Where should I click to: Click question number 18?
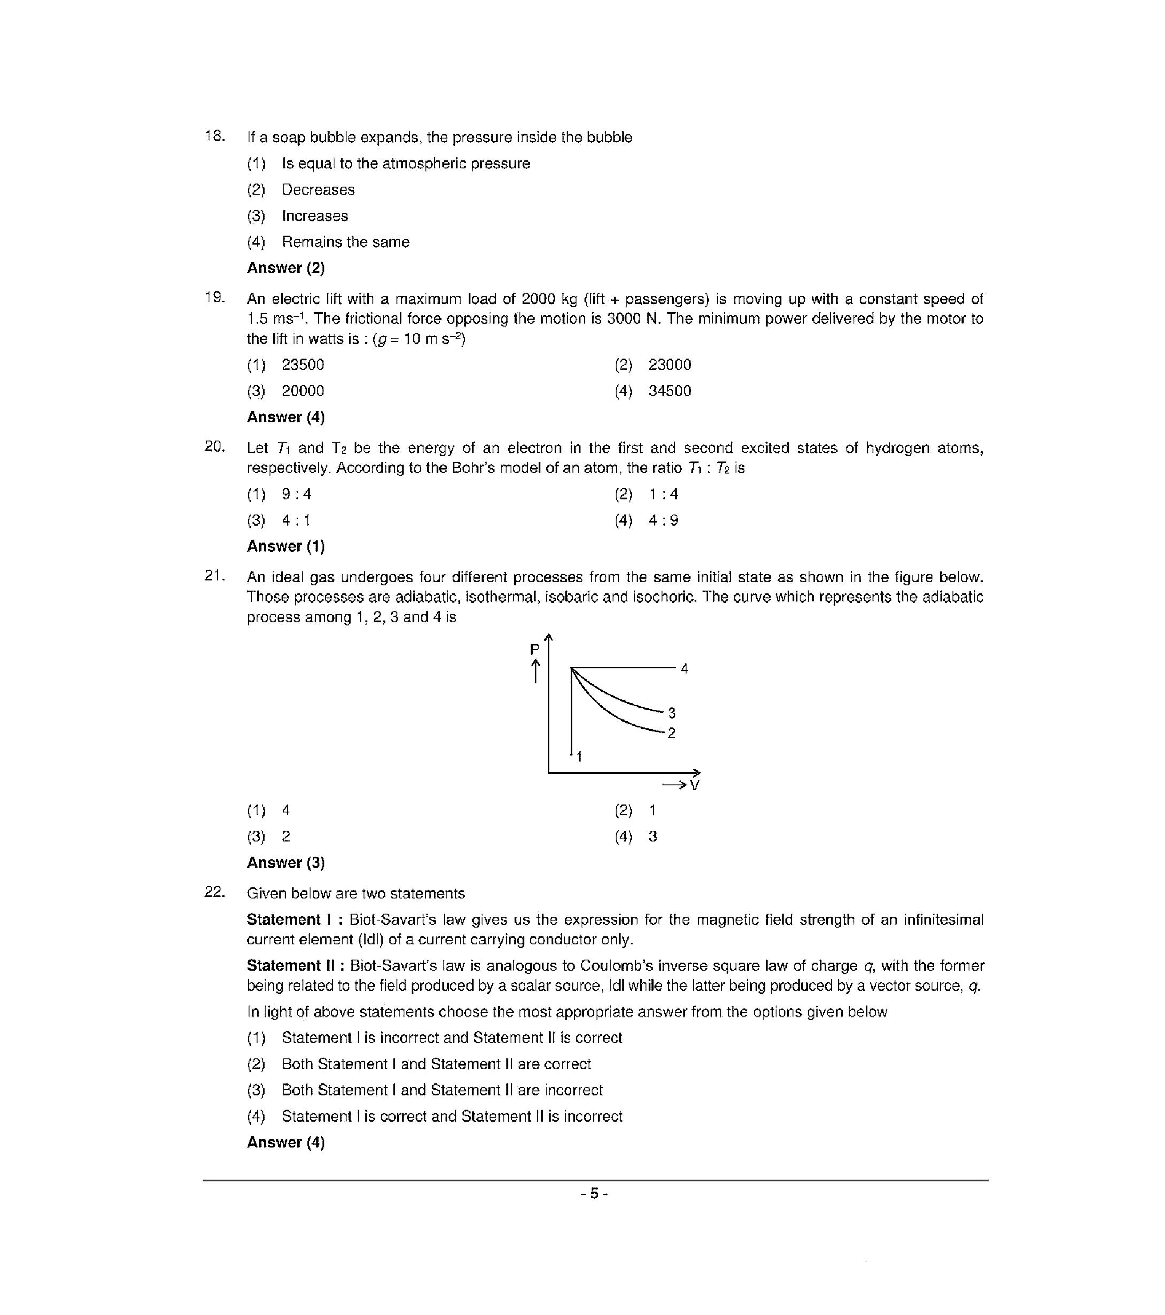[x=215, y=136]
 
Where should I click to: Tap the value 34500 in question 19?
[x=669, y=391]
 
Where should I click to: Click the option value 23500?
[x=302, y=365]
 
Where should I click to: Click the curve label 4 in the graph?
[x=684, y=669]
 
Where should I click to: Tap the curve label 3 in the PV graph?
[x=671, y=713]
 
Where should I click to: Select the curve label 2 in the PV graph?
[x=671, y=733]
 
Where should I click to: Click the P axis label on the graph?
[x=534, y=650]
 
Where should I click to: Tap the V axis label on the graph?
[x=694, y=785]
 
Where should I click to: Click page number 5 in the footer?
[x=594, y=1194]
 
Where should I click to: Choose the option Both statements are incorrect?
[x=442, y=1090]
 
